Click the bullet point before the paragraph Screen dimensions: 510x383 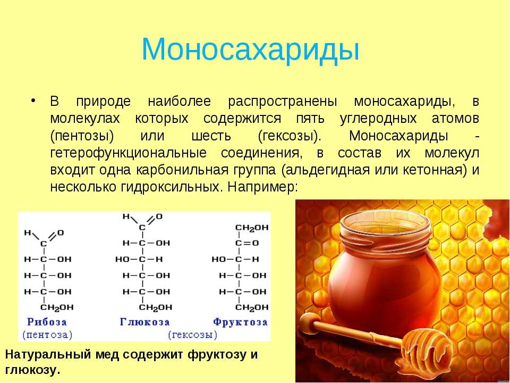[33, 100]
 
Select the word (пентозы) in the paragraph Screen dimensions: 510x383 [82, 136]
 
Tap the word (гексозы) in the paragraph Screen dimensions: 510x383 [290, 136]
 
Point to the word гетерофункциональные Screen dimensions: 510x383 [129, 153]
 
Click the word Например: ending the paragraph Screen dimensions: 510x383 [262, 187]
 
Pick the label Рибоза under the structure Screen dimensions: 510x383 [47, 322]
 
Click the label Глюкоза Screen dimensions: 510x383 [144, 322]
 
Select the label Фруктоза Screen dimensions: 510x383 [240, 322]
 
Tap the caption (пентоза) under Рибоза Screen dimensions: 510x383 [47, 335]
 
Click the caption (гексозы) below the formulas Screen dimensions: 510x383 [192, 335]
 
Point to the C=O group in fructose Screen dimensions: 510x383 [247, 243]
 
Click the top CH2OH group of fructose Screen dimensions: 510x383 [252, 228]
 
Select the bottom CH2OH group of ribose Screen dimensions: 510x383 [57, 307]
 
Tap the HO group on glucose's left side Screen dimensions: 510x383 [122, 260]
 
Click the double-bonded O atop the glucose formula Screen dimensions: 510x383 [159, 217]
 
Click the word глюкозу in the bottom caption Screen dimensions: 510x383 [33, 370]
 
